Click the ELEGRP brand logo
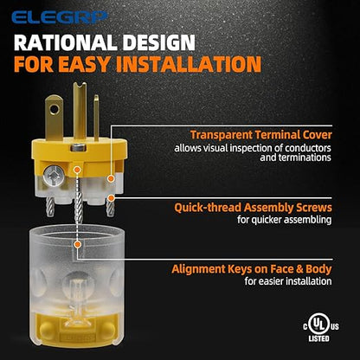[60, 17]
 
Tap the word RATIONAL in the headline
[65, 43]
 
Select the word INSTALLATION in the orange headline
[189, 64]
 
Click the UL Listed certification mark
[321, 327]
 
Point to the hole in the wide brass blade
[54, 109]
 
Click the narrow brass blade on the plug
[96, 118]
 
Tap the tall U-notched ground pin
[80, 111]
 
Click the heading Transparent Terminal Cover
[261, 135]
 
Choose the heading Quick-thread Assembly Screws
[253, 208]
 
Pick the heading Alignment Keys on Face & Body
[252, 269]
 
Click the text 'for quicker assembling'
[285, 220]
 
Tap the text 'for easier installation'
[288, 281]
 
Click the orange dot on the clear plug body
[77, 245]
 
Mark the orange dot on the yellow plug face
[76, 170]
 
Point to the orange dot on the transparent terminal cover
[110, 179]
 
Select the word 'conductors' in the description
[308, 148]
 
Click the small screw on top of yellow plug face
[79, 148]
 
